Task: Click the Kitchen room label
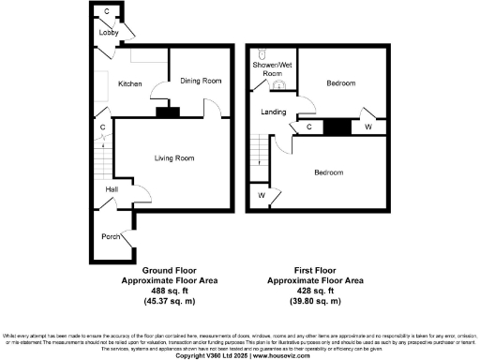[129, 84]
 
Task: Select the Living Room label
[174, 158]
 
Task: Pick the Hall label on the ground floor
[112, 190]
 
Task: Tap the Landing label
[274, 112]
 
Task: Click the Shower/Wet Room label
[271, 68]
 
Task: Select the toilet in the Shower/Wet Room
[264, 53]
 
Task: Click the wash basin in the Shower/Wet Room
[277, 84]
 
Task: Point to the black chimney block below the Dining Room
[167, 112]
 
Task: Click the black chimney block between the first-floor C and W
[337, 127]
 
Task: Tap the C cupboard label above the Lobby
[106, 12]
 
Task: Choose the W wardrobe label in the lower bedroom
[261, 196]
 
